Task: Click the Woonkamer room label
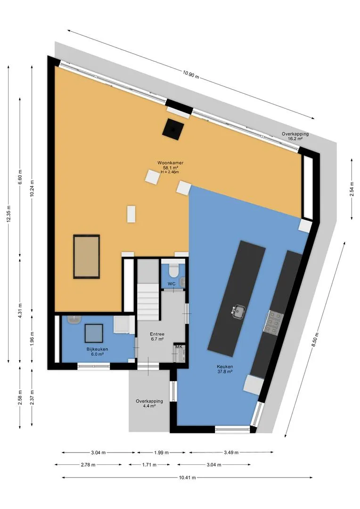click(171, 163)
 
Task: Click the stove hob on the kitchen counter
click(273, 322)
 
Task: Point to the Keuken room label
click(225, 367)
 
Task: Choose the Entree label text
click(157, 334)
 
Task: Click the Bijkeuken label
click(97, 349)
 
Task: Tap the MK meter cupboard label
click(179, 347)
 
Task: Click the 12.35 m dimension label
click(8, 214)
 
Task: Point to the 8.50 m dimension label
click(315, 340)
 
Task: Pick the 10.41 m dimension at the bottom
click(188, 477)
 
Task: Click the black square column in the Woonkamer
click(173, 129)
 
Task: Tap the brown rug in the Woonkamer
click(86, 256)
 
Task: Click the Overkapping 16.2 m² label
click(295, 136)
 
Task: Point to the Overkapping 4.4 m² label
click(149, 403)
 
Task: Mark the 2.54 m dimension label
click(352, 189)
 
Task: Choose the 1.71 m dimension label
click(149, 465)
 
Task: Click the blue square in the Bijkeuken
click(94, 333)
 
